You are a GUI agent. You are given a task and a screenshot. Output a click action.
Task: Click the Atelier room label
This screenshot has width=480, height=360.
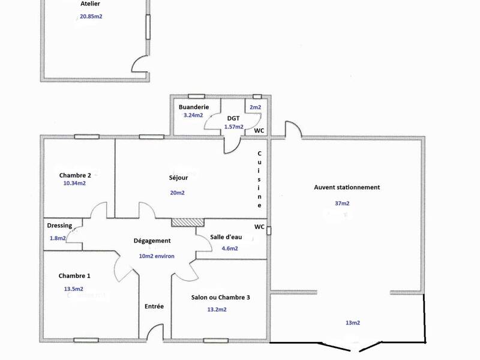90,4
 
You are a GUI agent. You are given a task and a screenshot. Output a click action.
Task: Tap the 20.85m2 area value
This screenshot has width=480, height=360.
91,17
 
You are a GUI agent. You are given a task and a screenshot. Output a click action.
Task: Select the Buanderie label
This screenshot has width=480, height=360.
194,107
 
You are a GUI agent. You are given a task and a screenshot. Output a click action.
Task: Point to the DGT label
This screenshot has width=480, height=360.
233,118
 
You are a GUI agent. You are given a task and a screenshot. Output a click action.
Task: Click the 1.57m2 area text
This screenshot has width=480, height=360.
233,127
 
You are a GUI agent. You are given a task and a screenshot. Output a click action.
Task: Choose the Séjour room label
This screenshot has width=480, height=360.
178,178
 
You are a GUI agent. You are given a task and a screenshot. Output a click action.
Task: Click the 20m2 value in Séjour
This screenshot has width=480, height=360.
177,193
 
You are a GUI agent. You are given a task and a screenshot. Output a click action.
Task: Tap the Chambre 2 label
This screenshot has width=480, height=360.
75,175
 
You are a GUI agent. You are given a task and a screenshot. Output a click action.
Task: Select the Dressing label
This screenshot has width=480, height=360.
59,226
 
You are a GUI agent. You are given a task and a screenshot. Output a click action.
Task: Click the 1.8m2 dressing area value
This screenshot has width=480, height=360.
58,238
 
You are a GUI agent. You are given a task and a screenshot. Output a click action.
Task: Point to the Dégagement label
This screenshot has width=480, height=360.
152,241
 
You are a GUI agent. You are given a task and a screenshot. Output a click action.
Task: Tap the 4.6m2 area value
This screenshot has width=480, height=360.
230,248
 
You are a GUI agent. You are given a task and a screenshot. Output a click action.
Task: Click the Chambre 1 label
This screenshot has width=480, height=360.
74,276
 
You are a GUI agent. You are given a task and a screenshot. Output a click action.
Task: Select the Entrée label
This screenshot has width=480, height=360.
154,306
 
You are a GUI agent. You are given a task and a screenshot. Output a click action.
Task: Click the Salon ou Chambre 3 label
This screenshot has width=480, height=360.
221,298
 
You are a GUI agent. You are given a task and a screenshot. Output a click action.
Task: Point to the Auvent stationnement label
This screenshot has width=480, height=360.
347,187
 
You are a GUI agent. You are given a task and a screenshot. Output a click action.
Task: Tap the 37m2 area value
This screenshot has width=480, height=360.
342,203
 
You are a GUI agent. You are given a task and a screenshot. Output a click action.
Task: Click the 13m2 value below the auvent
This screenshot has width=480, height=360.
352,323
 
